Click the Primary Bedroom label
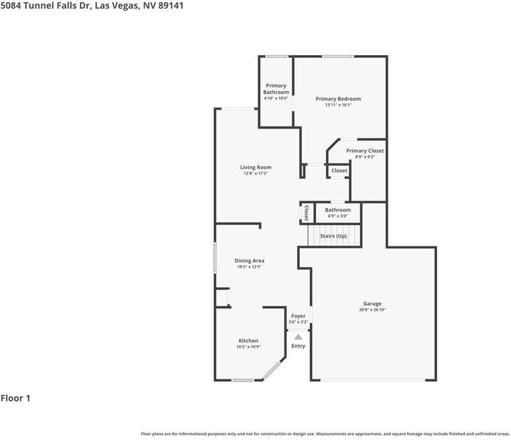pyautogui.click(x=338, y=99)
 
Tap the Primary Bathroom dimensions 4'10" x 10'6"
pyautogui.click(x=276, y=98)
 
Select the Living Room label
pyautogui.click(x=255, y=168)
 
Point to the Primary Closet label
pyautogui.click(x=365, y=151)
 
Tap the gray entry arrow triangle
pyautogui.click(x=298, y=336)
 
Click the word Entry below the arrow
pyautogui.click(x=298, y=346)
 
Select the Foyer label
pyautogui.click(x=298, y=316)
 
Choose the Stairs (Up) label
pyautogui.click(x=333, y=236)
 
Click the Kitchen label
pyautogui.click(x=248, y=340)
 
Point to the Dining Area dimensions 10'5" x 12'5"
pyautogui.click(x=249, y=267)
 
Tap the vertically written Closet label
pyautogui.click(x=306, y=213)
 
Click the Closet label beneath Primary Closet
pyautogui.click(x=340, y=171)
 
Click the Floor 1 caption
pyautogui.click(x=15, y=398)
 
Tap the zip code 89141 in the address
pyautogui.click(x=169, y=5)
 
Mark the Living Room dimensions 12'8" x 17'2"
pyautogui.click(x=255, y=174)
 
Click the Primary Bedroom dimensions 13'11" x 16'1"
pyautogui.click(x=338, y=105)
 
